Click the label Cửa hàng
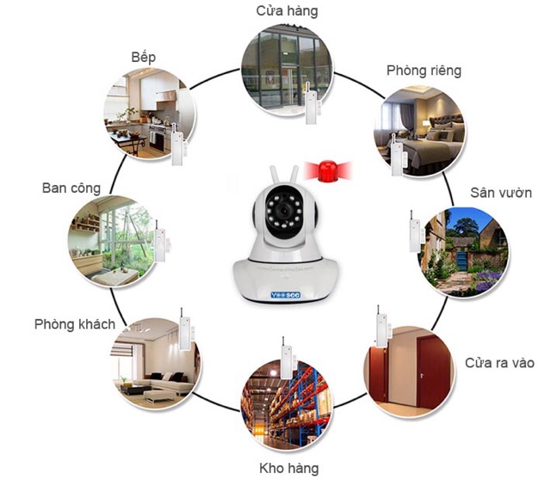288,11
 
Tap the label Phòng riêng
423,70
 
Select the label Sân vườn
500,192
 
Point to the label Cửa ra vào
499,362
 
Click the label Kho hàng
288,468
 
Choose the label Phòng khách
75,324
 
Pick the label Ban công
71,188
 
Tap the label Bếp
144,57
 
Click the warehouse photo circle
288,401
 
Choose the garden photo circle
465,249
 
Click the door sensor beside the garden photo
414,231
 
